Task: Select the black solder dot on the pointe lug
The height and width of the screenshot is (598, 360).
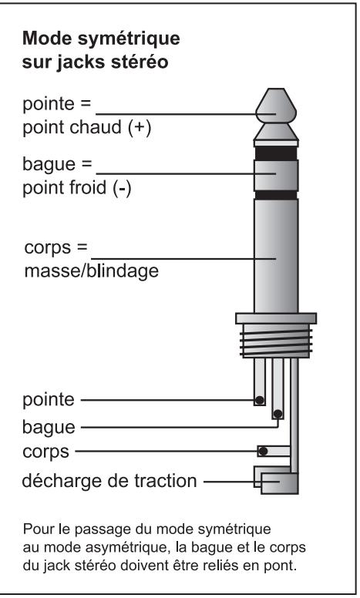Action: (x=261, y=400)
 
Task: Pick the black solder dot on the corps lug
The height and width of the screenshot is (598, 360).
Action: (x=264, y=450)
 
